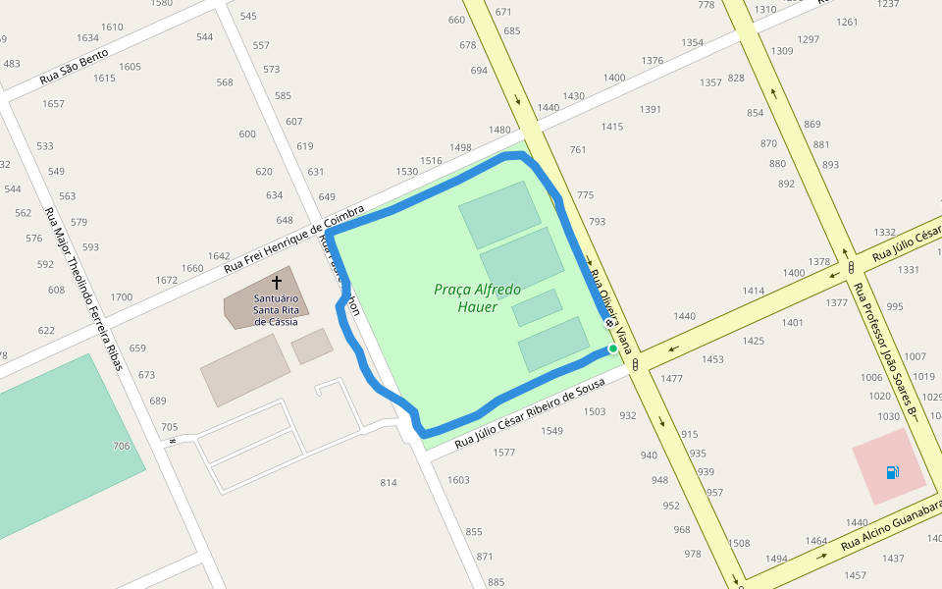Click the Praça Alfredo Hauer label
pos(478,297)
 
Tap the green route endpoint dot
pos(613,348)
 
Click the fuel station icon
pos(892,472)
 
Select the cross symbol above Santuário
pos(276,282)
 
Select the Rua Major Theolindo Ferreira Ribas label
pos(86,289)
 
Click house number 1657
pos(53,104)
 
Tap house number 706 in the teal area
pos(121,447)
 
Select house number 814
pos(389,483)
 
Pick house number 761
pos(577,150)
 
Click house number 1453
pos(712,360)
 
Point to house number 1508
pos(739,544)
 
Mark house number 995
pos(894,307)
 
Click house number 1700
pos(122,297)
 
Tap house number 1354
pos(693,43)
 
